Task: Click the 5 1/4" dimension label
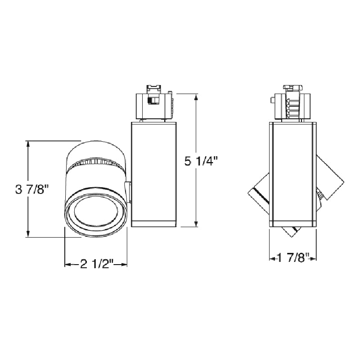pos(201,161)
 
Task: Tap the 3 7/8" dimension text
pos(32,189)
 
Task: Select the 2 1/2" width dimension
pos(97,264)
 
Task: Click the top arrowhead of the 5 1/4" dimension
pos(196,97)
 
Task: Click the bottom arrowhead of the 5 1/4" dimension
pos(196,224)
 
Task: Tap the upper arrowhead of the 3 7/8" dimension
pos(28,144)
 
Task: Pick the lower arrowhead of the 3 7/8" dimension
pos(28,234)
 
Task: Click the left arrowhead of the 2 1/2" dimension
pos(68,265)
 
